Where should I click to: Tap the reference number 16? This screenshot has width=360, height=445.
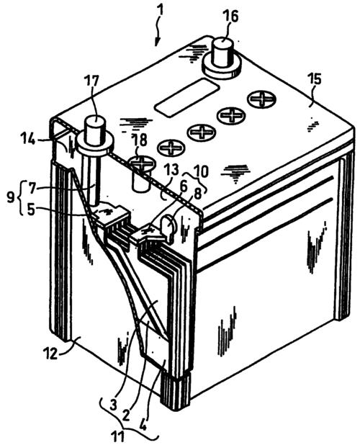click(x=230, y=17)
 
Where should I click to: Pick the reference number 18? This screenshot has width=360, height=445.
click(x=140, y=140)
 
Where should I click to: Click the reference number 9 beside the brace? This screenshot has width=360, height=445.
click(x=11, y=197)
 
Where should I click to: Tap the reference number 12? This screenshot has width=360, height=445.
click(x=52, y=354)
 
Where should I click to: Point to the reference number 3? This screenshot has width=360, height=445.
click(x=113, y=405)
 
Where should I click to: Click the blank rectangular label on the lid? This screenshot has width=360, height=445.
click(x=186, y=97)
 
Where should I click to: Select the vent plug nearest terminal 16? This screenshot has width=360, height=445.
click(x=261, y=99)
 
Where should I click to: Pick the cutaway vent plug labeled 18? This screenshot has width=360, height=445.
click(x=141, y=174)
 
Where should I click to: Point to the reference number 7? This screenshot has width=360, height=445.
click(x=32, y=188)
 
